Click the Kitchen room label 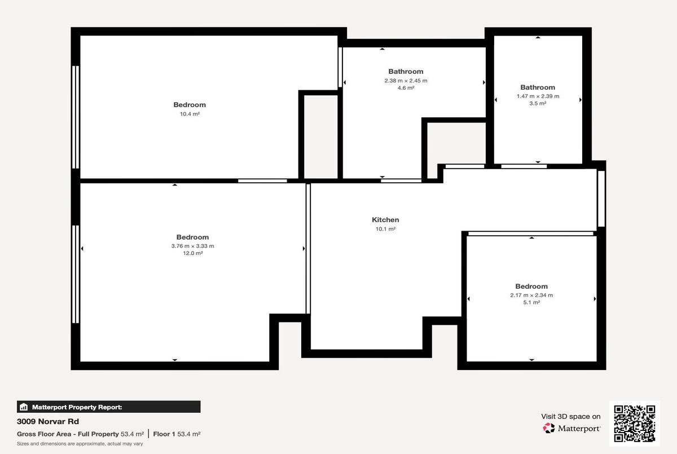coord(385,220)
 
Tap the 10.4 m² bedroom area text coord(190,114)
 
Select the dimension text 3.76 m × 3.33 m coord(192,246)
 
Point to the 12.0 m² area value coord(192,254)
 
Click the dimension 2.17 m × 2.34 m coord(531,295)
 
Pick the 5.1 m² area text coord(531,303)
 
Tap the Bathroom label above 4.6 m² coord(406,72)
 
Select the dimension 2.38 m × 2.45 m coord(406,81)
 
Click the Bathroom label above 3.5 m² coord(538,87)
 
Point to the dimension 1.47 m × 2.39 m coord(538,96)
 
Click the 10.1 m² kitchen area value coord(385,229)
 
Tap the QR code coord(634,424)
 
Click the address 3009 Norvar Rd coord(48,421)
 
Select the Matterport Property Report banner coord(109,407)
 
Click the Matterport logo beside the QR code coord(572,429)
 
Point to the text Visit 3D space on coord(571,416)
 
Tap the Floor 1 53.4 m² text coord(177,434)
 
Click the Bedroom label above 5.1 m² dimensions coord(531,286)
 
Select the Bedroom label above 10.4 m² coord(190,105)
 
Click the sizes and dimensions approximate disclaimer coord(80,444)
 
